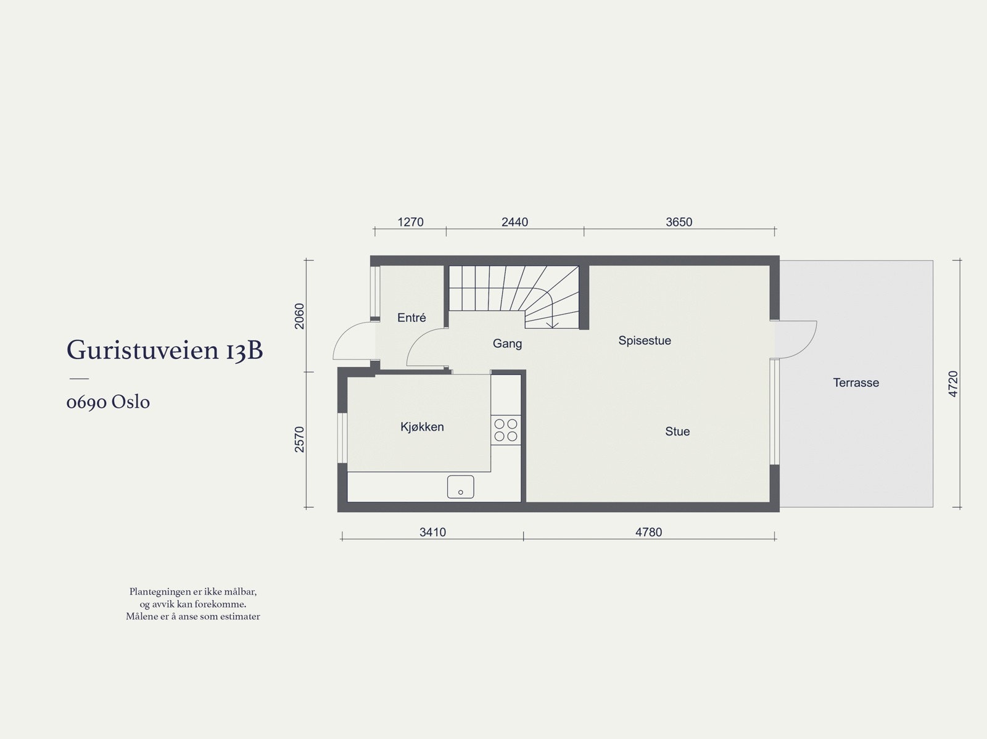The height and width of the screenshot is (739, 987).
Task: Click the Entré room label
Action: (x=411, y=318)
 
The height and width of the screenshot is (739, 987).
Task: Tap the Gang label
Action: (x=507, y=344)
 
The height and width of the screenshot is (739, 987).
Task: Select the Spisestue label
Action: (x=645, y=341)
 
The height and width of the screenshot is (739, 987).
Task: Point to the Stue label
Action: (x=677, y=431)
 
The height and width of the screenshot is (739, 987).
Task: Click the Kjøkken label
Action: (x=422, y=427)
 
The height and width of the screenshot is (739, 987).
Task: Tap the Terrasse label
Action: (x=856, y=382)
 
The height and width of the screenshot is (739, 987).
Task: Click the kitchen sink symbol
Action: (x=460, y=487)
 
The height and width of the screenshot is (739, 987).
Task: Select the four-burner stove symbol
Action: (x=506, y=430)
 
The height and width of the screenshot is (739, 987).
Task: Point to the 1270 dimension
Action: (x=410, y=222)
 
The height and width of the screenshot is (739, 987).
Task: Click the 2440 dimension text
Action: (x=514, y=222)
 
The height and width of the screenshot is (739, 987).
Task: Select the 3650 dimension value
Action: (x=679, y=222)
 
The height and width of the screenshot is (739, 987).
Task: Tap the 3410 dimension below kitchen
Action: (x=432, y=532)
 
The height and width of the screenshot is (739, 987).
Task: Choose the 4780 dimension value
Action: (x=648, y=532)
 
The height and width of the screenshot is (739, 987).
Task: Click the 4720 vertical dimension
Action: (x=954, y=384)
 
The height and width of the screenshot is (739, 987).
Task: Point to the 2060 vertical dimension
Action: (x=300, y=316)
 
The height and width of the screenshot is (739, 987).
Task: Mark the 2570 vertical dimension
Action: (x=300, y=439)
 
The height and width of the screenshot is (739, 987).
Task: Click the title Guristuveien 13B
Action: (x=165, y=350)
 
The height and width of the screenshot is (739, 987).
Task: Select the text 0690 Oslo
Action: (x=108, y=402)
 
